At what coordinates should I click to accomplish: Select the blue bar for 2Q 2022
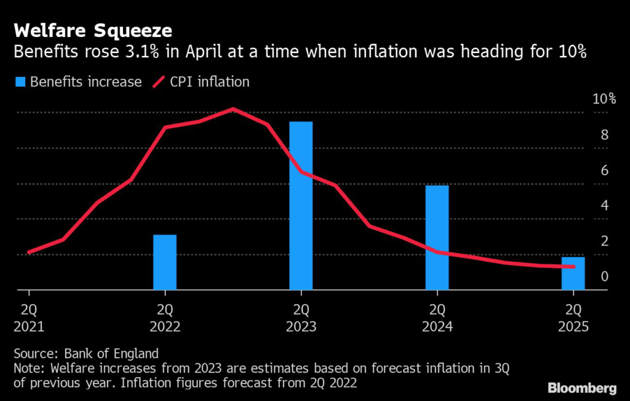pos(165,262)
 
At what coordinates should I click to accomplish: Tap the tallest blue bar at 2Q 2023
pos(301,205)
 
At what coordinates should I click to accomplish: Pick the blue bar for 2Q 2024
pos(437,237)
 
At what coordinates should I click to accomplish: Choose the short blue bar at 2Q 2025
pos(573,273)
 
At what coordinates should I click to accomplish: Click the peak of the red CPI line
pos(233,109)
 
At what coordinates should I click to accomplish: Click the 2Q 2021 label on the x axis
pos(29,317)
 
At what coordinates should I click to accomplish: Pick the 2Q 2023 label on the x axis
pos(301,317)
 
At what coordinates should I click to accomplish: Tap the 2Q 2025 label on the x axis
pos(573,317)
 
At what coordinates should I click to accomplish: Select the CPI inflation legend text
pos(210,82)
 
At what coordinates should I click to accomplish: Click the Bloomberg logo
pos(582,387)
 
